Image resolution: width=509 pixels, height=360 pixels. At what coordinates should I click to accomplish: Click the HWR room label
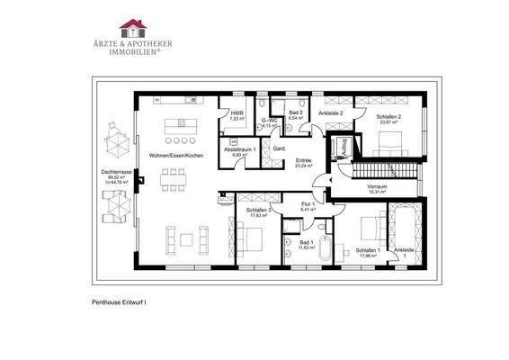point(237,116)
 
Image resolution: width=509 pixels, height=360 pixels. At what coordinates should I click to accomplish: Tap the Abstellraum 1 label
point(240,152)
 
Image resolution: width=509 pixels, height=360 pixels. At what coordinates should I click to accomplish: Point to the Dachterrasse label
point(117,175)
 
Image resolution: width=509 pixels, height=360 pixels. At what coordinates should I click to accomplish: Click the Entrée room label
point(303,163)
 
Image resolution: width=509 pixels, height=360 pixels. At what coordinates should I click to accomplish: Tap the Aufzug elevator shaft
point(342,147)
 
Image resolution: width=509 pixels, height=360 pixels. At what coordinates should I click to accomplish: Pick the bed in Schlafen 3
point(249,238)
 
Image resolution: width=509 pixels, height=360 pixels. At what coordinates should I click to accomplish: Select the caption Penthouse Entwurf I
point(120,304)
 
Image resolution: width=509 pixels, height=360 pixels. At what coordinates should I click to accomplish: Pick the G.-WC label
point(267,123)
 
